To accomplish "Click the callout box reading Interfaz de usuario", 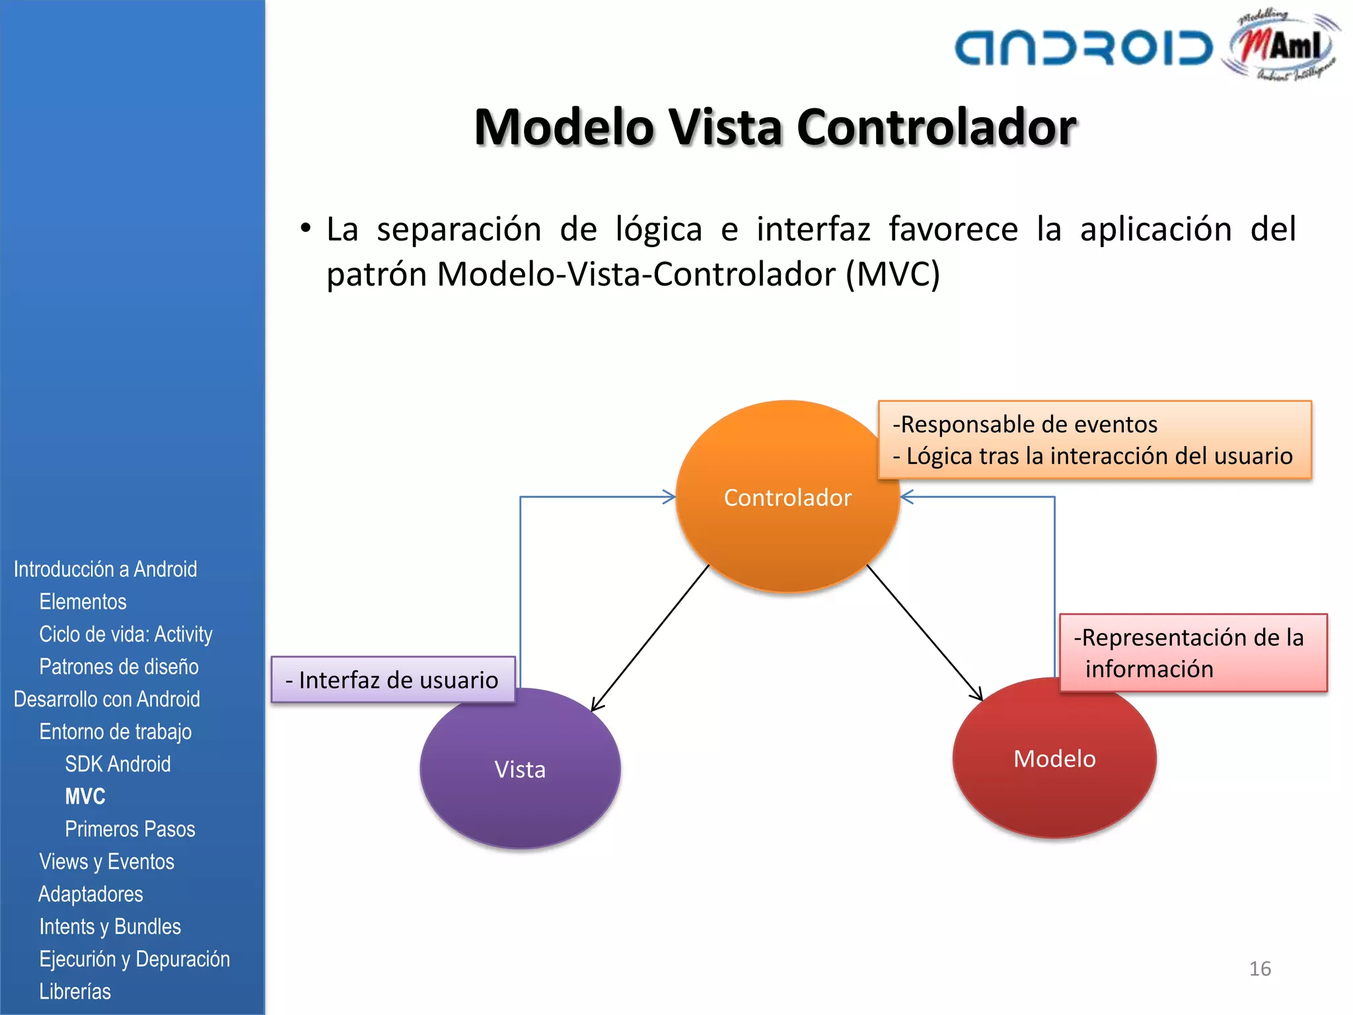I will (392, 680).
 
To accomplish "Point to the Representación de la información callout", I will (1192, 653).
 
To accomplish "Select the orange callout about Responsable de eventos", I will (1094, 439).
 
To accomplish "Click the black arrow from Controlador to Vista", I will (651, 637).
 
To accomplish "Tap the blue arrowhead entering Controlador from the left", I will (669, 497).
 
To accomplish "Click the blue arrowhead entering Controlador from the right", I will (908, 497).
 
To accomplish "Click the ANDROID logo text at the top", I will (1083, 48).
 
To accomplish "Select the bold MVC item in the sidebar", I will (85, 796).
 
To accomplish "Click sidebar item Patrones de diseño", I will (119, 667).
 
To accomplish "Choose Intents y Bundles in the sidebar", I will (110, 926).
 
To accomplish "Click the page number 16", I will (1260, 969).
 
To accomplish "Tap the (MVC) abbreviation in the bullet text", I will (893, 274).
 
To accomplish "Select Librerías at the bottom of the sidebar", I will (75, 991).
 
